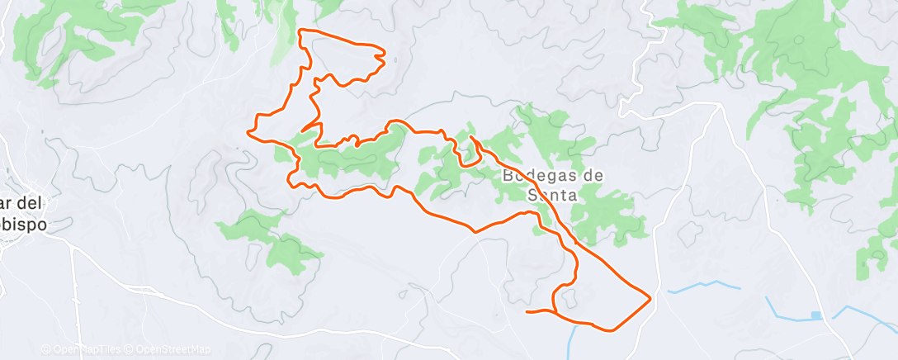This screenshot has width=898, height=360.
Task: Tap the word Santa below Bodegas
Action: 553,195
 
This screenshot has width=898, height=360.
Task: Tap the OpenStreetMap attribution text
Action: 169,350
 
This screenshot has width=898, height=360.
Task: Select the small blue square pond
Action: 816,315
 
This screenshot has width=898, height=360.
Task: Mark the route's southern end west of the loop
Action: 527,311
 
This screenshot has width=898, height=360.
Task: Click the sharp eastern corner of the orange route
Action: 651,297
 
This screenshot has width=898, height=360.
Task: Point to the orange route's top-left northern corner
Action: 300,31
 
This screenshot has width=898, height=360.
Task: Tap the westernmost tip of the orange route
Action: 249,130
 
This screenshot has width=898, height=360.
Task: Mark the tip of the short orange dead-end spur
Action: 303,130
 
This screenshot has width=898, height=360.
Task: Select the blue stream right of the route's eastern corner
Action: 702,287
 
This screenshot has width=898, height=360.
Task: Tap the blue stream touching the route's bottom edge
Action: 573,339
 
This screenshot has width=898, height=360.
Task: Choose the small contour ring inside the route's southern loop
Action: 569,300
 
